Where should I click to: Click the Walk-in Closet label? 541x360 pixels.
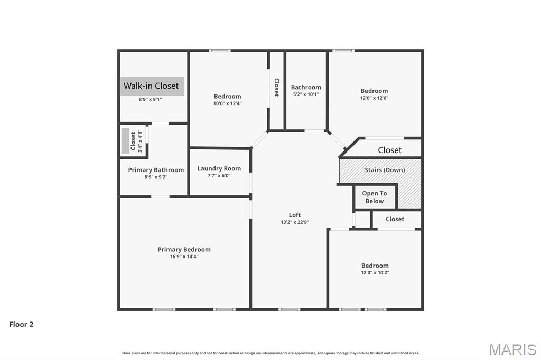point(151,86)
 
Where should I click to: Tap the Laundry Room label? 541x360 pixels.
point(219,169)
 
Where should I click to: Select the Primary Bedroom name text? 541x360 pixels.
point(184,250)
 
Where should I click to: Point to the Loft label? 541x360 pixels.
point(295,215)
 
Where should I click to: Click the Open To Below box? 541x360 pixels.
point(374,197)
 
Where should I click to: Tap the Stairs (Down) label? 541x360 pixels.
point(385,170)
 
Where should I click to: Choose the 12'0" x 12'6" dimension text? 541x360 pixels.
point(374,98)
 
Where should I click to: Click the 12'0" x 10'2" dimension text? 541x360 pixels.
point(375,273)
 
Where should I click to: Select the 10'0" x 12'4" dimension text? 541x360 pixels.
point(227,103)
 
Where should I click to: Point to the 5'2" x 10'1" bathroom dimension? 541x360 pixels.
point(305,94)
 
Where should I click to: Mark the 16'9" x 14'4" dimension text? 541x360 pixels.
point(184,257)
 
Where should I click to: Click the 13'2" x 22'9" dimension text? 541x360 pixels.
point(295,222)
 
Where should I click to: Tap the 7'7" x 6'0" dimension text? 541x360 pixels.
point(219,176)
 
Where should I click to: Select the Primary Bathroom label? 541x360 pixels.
point(156,170)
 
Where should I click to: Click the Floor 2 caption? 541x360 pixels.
point(21,325)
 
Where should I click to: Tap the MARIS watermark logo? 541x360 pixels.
point(512,349)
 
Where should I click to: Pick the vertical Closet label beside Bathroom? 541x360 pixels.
point(276,87)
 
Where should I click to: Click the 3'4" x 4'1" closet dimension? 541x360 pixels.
point(140,141)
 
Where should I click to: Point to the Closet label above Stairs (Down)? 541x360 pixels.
point(389,150)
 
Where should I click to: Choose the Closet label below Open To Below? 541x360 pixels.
point(395,219)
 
